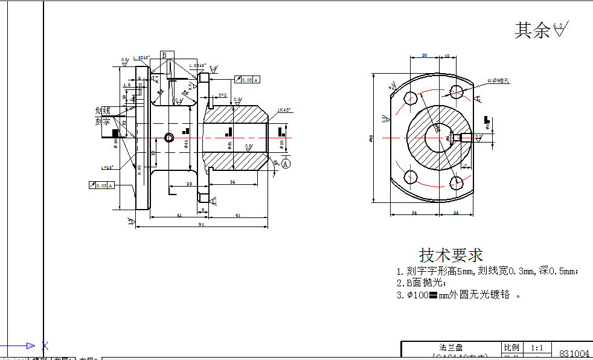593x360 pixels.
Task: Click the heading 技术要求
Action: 451,254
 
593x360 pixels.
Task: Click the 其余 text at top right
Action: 532,30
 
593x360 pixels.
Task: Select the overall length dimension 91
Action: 201,224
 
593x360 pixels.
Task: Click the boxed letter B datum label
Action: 164,55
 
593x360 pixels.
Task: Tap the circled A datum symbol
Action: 286,163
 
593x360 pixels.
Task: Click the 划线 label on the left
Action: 103,111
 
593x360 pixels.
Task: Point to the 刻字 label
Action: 103,121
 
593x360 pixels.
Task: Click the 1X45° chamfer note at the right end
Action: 284,110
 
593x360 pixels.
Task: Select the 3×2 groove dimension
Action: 223,95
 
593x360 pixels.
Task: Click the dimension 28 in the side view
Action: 189,183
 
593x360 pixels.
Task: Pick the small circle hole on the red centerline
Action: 169,137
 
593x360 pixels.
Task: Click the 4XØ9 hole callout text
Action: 499,80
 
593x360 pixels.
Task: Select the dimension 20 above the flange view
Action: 425,55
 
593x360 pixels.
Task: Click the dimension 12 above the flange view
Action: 447,55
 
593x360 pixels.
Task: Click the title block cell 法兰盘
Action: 451,347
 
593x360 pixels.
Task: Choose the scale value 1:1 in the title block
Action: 537,348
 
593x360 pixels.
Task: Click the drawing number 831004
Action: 574,353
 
